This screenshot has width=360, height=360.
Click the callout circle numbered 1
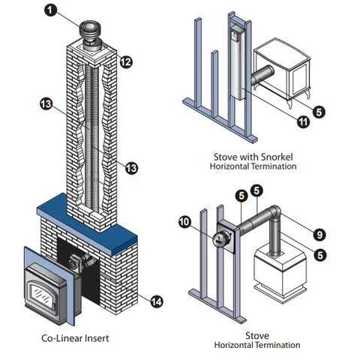click(x=51, y=10)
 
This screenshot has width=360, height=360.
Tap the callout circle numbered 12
click(x=126, y=61)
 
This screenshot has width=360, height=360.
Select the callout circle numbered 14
click(x=157, y=301)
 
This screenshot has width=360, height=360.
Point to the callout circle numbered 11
click(x=303, y=121)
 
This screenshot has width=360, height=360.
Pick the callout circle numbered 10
click(x=185, y=222)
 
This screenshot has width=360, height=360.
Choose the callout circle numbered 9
click(x=319, y=235)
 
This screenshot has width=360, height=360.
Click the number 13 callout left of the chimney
click(x=46, y=103)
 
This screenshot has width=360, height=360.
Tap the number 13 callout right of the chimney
click(x=131, y=168)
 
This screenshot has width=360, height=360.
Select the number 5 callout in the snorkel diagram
click(x=319, y=112)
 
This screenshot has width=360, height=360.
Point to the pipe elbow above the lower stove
click(x=275, y=213)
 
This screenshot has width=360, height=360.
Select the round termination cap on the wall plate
click(x=220, y=240)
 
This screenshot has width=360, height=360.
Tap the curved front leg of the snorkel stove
click(x=290, y=103)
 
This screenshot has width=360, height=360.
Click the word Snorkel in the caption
click(x=277, y=157)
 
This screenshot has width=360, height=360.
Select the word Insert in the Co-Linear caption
click(x=97, y=338)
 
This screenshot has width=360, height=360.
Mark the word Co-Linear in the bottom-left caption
click(x=62, y=338)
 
